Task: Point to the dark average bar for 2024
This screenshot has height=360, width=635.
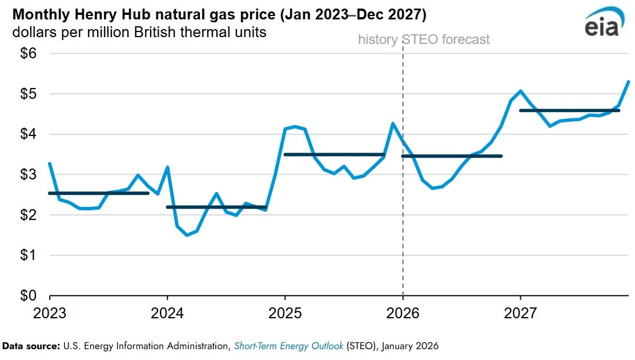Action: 216,207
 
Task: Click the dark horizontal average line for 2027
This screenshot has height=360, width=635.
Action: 569,110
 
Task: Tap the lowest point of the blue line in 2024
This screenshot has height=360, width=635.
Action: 187,235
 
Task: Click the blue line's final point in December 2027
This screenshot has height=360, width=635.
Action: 629,81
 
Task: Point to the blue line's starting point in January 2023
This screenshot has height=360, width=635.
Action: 50,163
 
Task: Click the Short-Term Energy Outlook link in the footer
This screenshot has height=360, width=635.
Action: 288,346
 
